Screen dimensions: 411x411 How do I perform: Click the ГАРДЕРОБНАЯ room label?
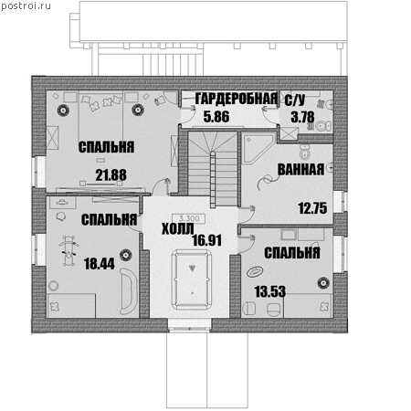tap(237, 99)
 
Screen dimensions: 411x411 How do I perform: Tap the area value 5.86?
tap(216, 117)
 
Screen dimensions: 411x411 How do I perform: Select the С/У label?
tap(295, 100)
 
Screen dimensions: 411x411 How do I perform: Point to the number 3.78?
tap(302, 117)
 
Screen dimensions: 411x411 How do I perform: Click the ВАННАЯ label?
tap(300, 170)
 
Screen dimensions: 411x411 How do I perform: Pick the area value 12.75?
tap(312, 208)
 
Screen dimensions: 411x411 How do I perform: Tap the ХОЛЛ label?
tap(177, 229)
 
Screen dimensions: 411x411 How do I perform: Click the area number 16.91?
tap(207, 240)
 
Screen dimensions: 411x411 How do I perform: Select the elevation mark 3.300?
tap(189, 218)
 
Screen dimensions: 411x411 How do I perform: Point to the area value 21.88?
tap(111, 175)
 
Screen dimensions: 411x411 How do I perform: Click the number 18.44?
tap(100, 264)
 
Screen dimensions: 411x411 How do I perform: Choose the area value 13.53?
tap(270, 291)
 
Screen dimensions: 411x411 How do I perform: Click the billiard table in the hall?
tap(192, 279)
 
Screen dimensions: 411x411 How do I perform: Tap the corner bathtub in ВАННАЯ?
tap(258, 148)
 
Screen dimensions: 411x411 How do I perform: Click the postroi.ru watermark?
tap(26, 6)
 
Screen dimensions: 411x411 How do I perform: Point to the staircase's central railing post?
tap(213, 180)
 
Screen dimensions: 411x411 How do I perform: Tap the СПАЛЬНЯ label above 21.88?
tap(106, 147)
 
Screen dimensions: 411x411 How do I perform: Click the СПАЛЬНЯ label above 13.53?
tap(292, 253)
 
